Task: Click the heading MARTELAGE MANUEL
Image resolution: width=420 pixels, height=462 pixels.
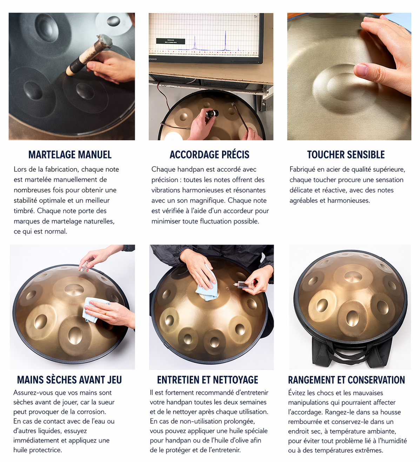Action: click(x=70, y=155)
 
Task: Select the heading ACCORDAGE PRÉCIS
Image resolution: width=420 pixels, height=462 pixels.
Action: click(x=209, y=155)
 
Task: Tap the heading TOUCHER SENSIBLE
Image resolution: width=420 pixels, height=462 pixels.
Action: click(x=346, y=155)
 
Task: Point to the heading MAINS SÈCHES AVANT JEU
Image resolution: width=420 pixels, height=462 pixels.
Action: click(x=69, y=380)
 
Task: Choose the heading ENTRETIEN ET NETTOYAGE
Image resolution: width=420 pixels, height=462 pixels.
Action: click(x=208, y=380)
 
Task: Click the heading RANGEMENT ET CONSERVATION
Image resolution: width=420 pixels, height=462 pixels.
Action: click(x=346, y=380)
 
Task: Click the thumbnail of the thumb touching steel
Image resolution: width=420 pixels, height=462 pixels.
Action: click(x=361, y=70)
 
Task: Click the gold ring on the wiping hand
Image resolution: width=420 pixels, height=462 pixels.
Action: click(x=105, y=312)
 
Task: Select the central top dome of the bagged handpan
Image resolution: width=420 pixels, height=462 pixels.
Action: click(x=353, y=276)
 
